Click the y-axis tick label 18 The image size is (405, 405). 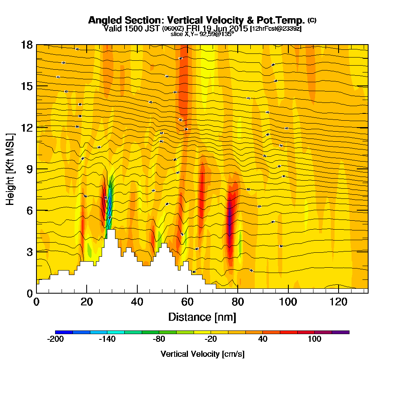pyautogui.click(x=27, y=45)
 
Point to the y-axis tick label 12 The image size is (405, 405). pyautogui.click(x=27, y=128)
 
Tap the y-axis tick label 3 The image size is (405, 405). pyautogui.click(x=29, y=252)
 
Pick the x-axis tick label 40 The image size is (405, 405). pyautogui.click(x=137, y=302)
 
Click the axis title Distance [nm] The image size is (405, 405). pyautogui.click(x=202, y=317)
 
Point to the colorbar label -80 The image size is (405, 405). pyautogui.click(x=159, y=339)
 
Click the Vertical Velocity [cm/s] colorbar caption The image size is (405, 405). pyautogui.click(x=202, y=354)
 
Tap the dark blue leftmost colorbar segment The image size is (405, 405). pyautogui.click(x=64, y=332)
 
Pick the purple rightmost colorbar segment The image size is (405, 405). pyautogui.click(x=340, y=332)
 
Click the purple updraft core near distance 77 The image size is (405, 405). pyautogui.click(x=230, y=221)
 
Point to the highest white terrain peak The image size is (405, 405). pyautogui.click(x=111, y=231)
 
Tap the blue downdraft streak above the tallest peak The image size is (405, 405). pyautogui.click(x=109, y=202)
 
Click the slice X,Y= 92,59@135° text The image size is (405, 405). pyautogui.click(x=202, y=34)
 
